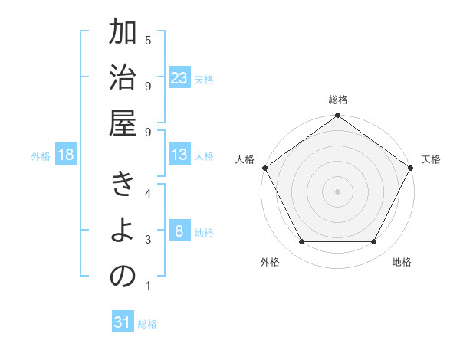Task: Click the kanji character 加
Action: click(x=123, y=35)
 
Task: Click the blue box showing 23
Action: click(x=179, y=78)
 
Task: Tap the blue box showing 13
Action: click(x=179, y=155)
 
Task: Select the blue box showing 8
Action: click(x=179, y=231)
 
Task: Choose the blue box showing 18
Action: click(x=66, y=155)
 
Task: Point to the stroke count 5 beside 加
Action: click(x=148, y=40)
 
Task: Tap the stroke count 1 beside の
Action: click(x=148, y=286)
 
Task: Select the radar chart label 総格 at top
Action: click(x=338, y=100)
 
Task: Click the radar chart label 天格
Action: click(x=431, y=159)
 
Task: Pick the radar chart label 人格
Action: click(x=245, y=159)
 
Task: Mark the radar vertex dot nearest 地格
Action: click(x=374, y=242)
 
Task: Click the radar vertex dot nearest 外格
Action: click(x=301, y=242)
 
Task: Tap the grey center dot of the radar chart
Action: click(x=337, y=191)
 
